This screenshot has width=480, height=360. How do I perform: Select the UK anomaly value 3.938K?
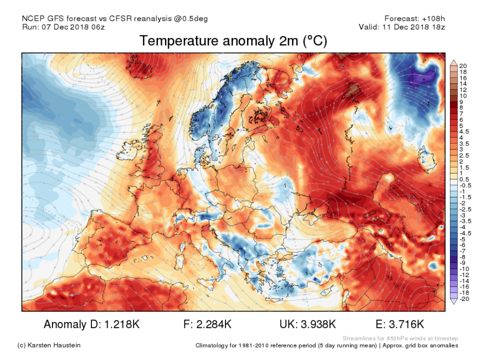(x=318, y=324)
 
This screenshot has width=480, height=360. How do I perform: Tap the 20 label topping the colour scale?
(x=463, y=66)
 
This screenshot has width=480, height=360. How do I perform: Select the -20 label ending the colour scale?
(x=464, y=298)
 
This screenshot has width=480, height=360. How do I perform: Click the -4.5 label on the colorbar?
(x=464, y=233)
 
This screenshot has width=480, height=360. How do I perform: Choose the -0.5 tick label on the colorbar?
(x=464, y=185)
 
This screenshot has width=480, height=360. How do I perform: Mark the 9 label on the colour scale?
(x=461, y=101)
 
